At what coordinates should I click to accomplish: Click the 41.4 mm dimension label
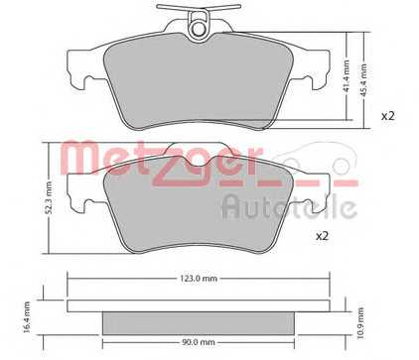347,76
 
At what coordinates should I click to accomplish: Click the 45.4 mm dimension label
364,80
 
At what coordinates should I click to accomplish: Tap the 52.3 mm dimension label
49,197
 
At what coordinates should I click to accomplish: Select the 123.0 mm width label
200,279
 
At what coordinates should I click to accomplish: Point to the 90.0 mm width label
199,343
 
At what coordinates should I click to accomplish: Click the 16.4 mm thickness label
27,316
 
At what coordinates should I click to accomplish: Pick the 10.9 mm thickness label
360,323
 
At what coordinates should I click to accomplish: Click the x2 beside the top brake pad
388,116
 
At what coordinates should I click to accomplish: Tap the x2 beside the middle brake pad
322,236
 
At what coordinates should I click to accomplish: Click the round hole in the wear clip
199,28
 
